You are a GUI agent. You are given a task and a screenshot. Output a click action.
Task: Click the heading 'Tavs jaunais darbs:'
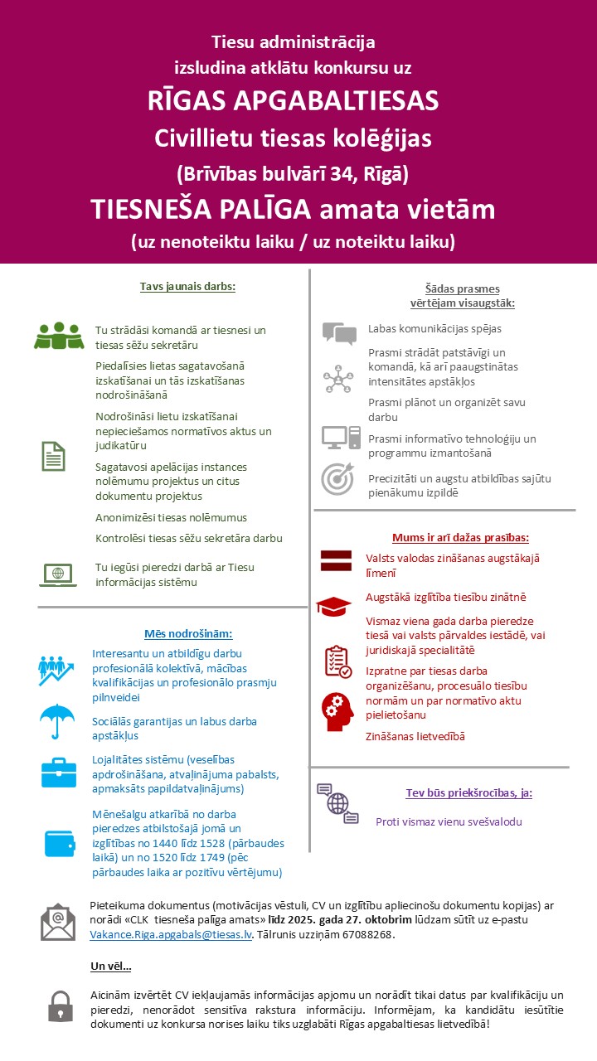click(x=187, y=287)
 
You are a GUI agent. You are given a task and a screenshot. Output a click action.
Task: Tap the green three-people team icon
click(x=60, y=336)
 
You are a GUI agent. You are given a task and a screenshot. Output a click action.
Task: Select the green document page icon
click(x=53, y=456)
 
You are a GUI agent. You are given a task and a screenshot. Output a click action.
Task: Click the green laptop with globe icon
click(x=57, y=574)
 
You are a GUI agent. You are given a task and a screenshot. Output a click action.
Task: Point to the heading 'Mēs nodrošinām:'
click(x=188, y=633)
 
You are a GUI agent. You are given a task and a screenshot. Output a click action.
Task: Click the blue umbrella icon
click(x=57, y=719)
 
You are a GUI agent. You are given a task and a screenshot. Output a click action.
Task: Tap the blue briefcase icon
click(x=58, y=773)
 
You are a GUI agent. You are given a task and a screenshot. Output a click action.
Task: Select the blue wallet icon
click(x=59, y=843)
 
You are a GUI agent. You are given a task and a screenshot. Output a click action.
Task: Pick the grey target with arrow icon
click(x=337, y=480)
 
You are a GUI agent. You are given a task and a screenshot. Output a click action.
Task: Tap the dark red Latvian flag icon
click(x=337, y=560)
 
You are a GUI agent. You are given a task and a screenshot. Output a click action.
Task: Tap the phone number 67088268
click(x=368, y=935)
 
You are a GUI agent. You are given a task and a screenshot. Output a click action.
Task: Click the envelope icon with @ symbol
click(x=58, y=921)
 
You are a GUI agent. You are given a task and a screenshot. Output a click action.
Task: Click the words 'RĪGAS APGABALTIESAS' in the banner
click(x=293, y=101)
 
